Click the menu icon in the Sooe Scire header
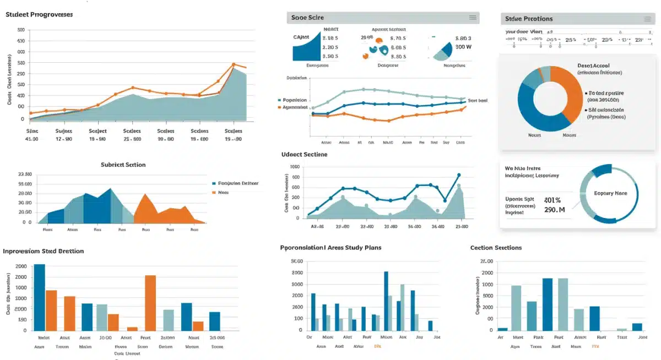pyautogui.click(x=472, y=18)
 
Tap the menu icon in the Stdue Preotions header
pyautogui.click(x=647, y=18)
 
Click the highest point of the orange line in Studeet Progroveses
pyautogui.click(x=234, y=64)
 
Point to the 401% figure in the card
pyautogui.click(x=552, y=200)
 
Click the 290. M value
pyautogui.click(x=554, y=210)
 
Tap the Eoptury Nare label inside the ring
pyautogui.click(x=610, y=194)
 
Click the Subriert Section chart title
pyautogui.click(x=123, y=165)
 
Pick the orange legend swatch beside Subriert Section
pyautogui.click(x=214, y=193)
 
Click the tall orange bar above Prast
pyautogui.click(x=150, y=302)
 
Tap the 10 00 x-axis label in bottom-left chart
pyautogui.click(x=105, y=337)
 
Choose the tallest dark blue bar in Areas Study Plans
pyautogui.click(x=386, y=301)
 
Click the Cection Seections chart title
pyautogui.click(x=496, y=248)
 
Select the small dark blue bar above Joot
pyautogui.click(x=637, y=327)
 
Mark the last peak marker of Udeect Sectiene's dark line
pyautogui.click(x=459, y=175)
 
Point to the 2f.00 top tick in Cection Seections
pyautogui.click(x=486, y=261)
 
